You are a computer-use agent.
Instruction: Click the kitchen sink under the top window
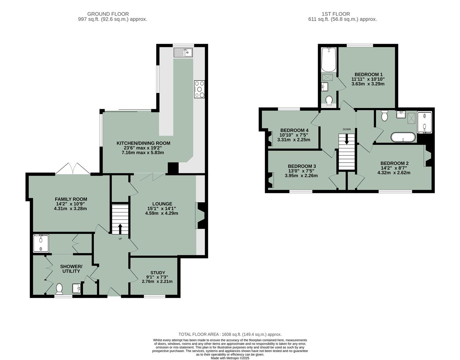183,52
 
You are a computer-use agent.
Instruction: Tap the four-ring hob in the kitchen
200,89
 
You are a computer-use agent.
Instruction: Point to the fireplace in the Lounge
201,217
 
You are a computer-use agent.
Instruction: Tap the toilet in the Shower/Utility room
60,289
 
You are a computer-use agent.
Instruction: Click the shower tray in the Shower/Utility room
41,243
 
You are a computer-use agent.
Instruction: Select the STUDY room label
158,273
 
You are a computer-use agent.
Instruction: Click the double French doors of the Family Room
73,169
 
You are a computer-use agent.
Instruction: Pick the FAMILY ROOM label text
71,199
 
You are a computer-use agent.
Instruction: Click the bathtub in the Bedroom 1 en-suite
329,59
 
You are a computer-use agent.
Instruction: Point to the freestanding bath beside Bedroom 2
403,137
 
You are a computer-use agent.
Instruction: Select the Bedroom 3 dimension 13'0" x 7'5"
301,171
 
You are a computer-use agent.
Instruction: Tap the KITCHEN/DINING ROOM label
143,143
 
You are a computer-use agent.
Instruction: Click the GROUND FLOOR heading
108,14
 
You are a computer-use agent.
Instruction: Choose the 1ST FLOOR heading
336,14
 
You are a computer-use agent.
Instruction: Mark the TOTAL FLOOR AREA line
230,334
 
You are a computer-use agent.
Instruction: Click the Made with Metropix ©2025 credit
230,358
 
